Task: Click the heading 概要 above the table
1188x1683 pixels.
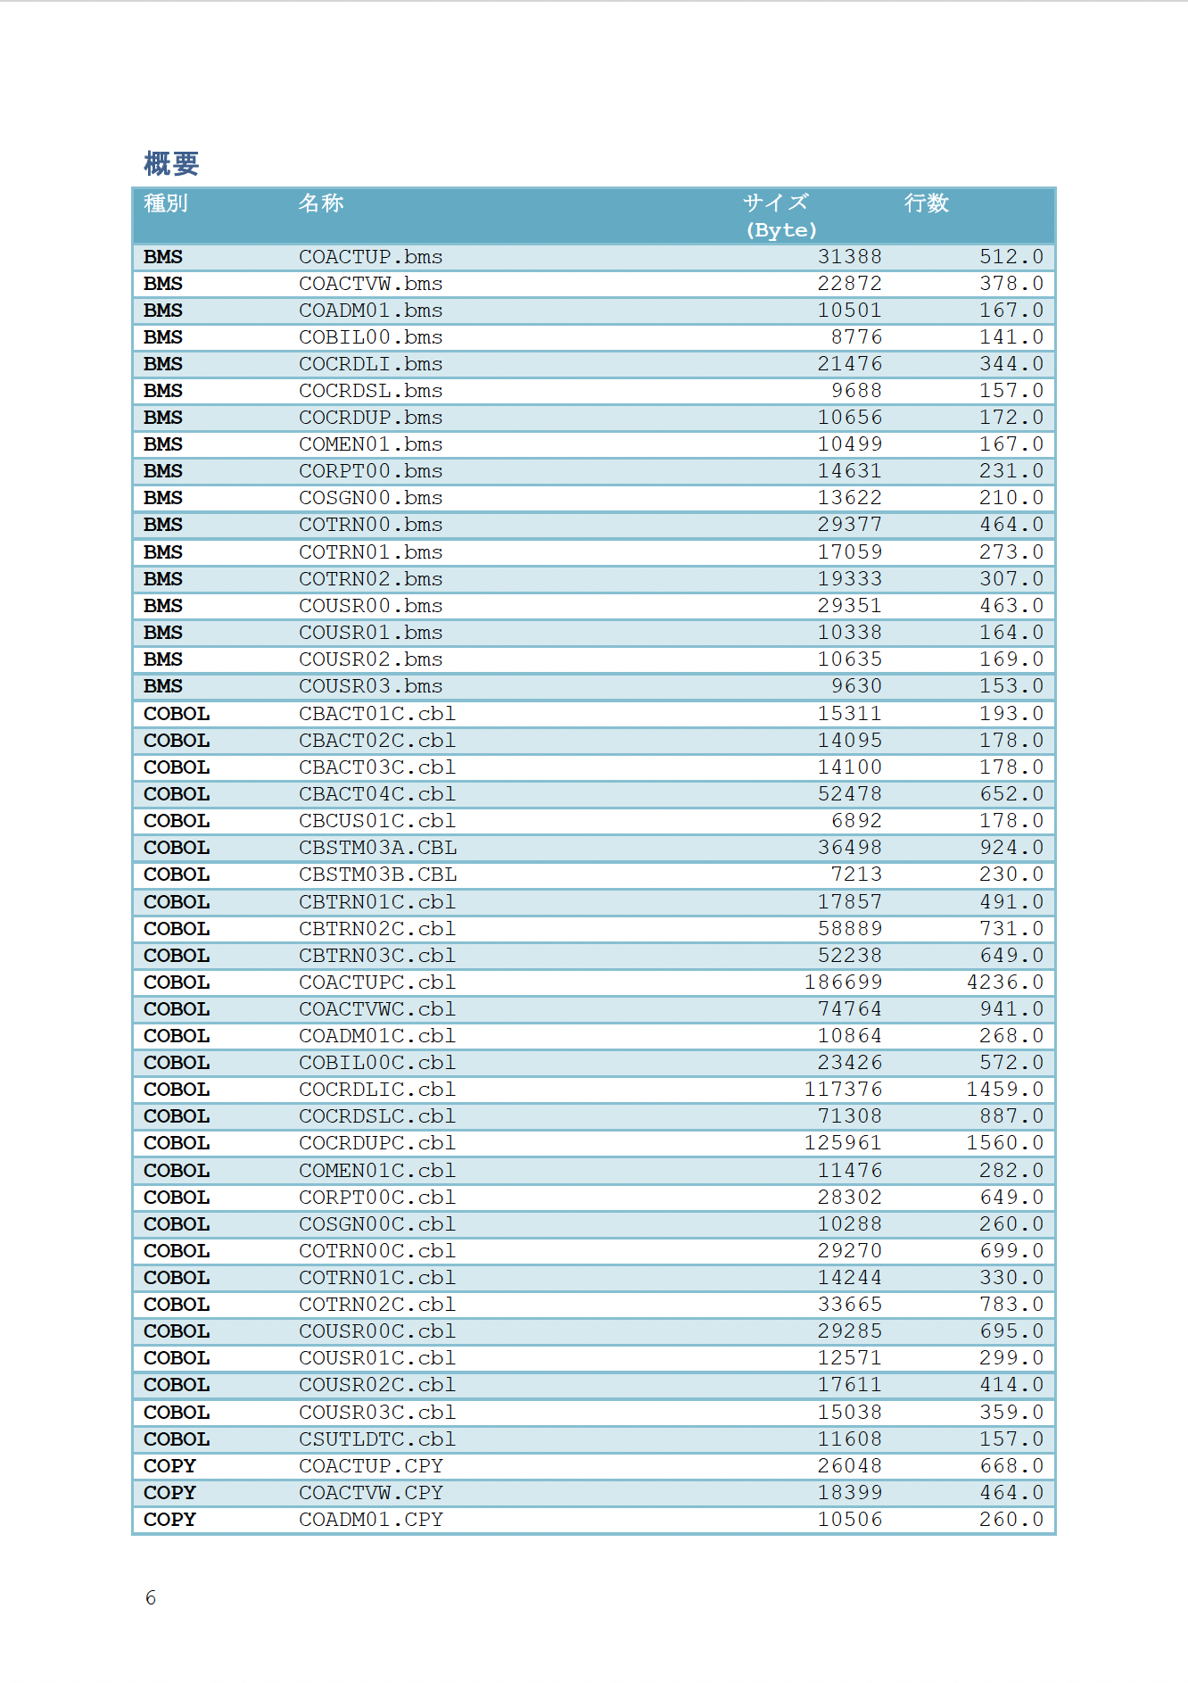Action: coord(171,163)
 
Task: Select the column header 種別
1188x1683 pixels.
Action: coord(166,203)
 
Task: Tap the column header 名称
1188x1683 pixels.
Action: coord(321,203)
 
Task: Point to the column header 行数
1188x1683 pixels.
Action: coord(927,203)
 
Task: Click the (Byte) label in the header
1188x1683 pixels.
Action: coord(781,230)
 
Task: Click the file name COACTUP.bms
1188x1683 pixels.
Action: coord(370,257)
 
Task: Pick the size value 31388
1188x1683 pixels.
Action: coord(849,257)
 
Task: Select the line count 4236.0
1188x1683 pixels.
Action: coord(1004,982)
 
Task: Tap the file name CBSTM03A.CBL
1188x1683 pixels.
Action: coord(377,848)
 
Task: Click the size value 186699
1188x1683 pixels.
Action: coord(843,982)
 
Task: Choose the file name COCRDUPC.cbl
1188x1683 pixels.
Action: coord(377,1143)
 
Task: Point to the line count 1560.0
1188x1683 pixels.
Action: coord(1004,1143)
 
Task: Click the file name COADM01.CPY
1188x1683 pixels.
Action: coord(370,1520)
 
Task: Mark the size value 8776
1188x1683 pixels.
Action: coord(856,337)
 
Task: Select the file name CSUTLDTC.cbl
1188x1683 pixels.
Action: coord(377,1439)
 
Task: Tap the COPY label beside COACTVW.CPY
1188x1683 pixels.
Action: coord(169,1493)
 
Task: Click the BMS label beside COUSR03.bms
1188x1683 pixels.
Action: coord(163,686)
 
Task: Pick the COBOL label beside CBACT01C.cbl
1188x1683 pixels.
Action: coord(177,714)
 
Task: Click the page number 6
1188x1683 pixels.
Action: coord(151,1597)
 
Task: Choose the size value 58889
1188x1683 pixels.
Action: coord(849,929)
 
